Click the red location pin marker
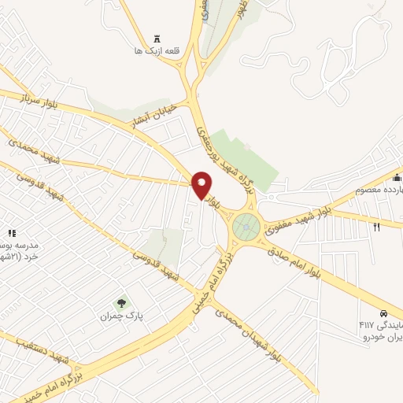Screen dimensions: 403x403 202,185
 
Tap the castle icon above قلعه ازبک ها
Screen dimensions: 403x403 157,38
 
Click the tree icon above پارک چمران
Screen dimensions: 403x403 120,301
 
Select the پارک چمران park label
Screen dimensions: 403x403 118,316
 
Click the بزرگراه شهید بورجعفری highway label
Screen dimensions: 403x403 224,154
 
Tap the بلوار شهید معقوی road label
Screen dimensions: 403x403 291,220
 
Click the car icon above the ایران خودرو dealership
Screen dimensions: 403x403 383,312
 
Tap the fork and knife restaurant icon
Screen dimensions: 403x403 377,227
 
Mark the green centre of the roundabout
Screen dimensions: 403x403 247,227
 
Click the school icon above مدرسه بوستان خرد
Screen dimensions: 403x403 11,233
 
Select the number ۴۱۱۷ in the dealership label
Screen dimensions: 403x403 367,324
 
